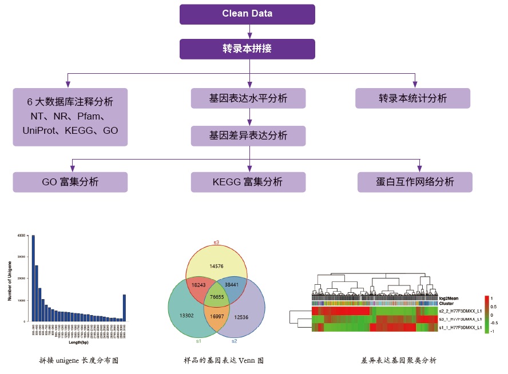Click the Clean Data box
click(x=247, y=14)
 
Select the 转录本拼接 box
click(x=247, y=49)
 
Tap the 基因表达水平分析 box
click(x=248, y=98)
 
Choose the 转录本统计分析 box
click(x=412, y=98)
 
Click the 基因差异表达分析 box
click(x=248, y=136)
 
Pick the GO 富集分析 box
click(x=70, y=182)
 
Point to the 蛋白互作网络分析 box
click(x=415, y=182)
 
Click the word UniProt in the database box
click(x=42, y=130)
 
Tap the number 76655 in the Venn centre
click(x=216, y=297)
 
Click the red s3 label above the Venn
click(x=216, y=242)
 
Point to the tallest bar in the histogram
click(x=33, y=278)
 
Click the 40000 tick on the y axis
click(x=22, y=236)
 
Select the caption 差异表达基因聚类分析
click(x=398, y=360)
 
